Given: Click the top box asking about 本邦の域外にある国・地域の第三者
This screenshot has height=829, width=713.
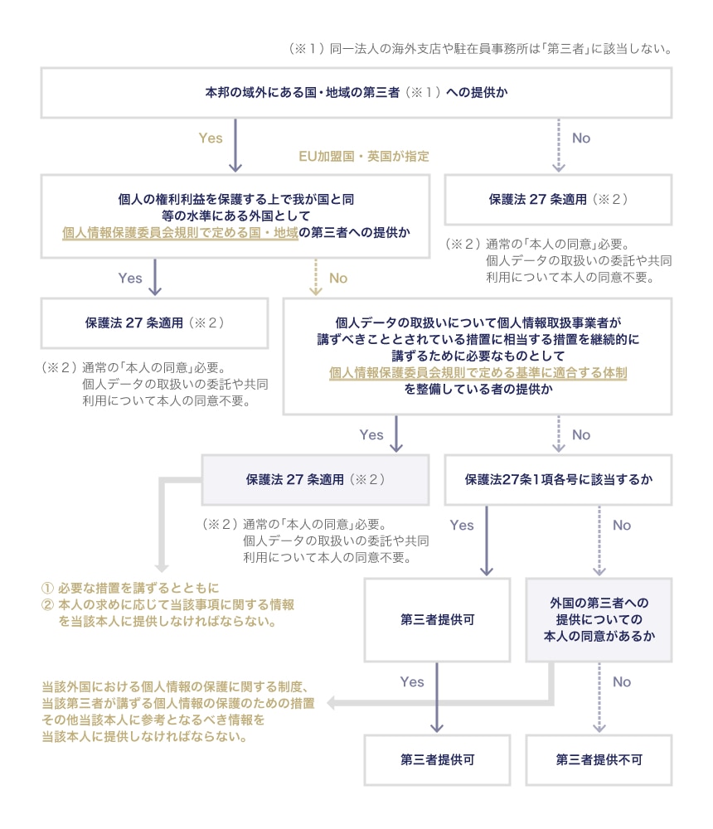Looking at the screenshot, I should click(356, 93).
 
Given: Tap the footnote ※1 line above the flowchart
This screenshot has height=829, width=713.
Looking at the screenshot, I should click(479, 49).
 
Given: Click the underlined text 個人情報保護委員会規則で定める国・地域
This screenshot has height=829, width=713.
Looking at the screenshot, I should click(180, 233).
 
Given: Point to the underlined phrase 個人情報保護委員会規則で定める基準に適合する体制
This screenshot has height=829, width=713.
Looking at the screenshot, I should click(478, 373).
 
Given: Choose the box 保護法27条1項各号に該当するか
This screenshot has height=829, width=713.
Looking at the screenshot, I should click(558, 479).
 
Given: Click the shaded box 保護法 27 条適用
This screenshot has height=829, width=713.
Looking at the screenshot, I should click(316, 479).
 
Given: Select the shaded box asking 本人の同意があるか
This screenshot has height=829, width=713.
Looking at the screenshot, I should click(599, 620).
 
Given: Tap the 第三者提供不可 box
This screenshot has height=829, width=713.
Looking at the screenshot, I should click(599, 759).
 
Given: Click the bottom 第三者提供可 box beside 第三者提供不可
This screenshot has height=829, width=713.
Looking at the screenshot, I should click(436, 759).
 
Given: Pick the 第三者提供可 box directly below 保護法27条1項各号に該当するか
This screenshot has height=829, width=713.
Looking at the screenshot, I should click(436, 620).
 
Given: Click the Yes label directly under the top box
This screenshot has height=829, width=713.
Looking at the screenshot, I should click(211, 138).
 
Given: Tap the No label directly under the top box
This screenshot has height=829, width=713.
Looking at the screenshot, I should click(581, 138).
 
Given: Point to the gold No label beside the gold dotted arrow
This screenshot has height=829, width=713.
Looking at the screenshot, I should click(338, 279).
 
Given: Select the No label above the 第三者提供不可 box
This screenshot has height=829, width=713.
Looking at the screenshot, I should click(621, 682).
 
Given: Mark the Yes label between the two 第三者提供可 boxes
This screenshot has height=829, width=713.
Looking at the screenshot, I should click(412, 682).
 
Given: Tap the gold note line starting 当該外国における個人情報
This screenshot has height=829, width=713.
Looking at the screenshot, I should click(176, 686).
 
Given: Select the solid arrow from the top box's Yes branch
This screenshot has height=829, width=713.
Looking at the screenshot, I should click(235, 145).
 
